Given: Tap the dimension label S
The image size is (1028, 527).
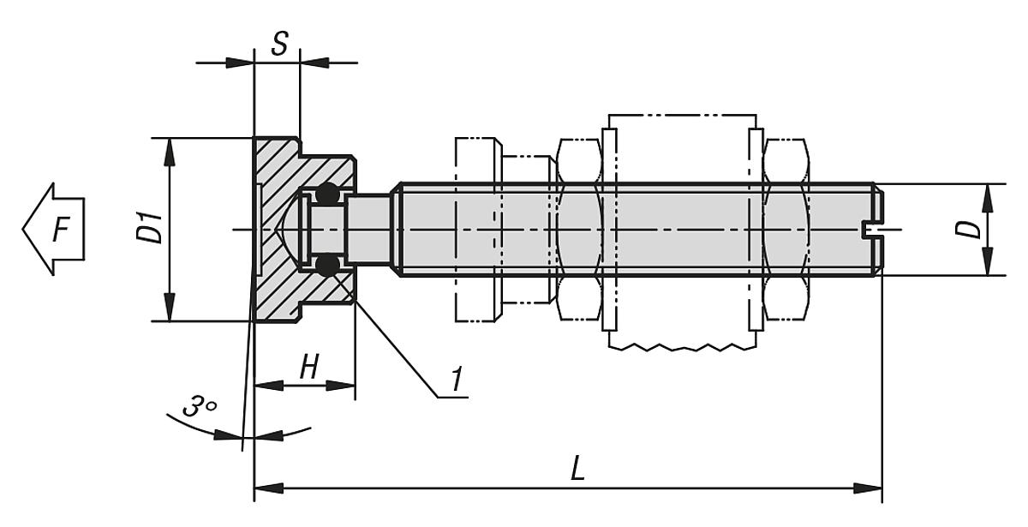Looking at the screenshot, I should pos(278,44).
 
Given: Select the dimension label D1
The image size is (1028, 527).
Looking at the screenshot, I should pos(153,230).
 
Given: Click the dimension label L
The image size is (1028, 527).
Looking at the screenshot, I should pos(578,469).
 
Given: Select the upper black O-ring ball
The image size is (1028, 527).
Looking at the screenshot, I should pos(326,195).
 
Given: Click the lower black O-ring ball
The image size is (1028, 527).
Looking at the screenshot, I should pos(326,266).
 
